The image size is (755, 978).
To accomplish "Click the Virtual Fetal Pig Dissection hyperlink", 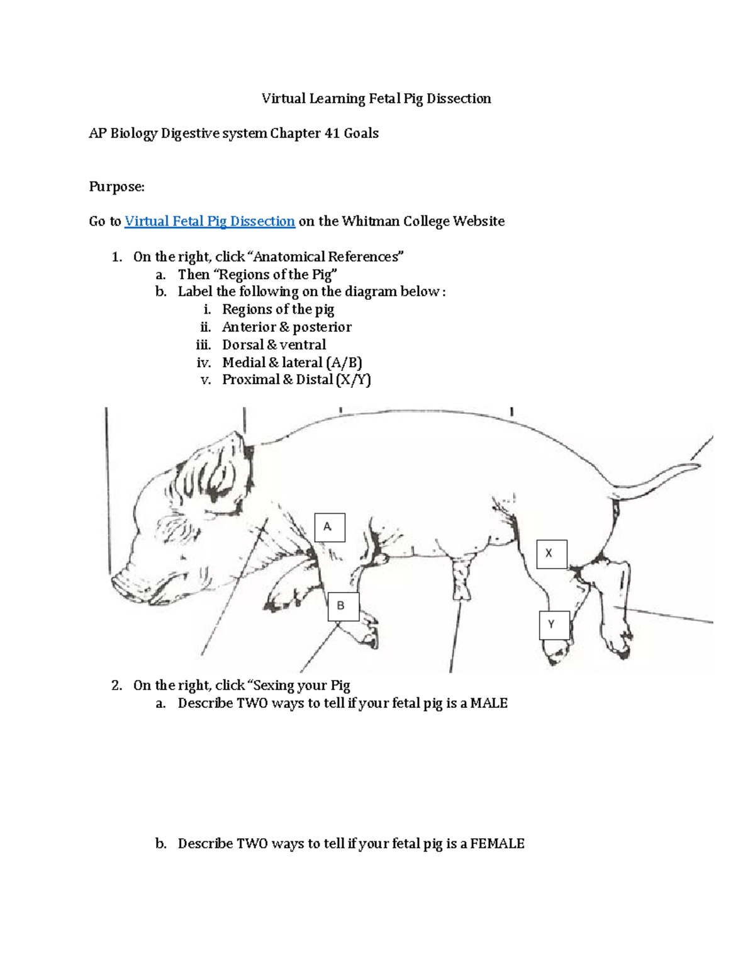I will click(210, 221).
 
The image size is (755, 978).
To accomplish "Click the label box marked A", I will click(330, 527).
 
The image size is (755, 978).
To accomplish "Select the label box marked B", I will click(343, 606).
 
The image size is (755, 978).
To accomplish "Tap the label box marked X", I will click(552, 554).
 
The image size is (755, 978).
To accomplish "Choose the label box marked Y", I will click(554, 625).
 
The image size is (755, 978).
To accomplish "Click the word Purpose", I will click(116, 186).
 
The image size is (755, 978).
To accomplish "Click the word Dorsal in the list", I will click(242, 344).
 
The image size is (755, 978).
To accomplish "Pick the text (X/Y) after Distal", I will click(354, 380).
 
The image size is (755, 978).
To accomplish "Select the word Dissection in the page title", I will click(458, 98).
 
